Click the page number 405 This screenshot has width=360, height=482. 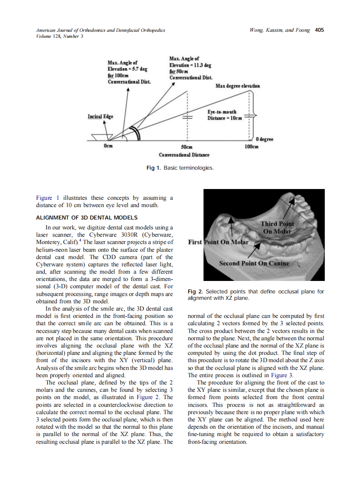click(x=319, y=30)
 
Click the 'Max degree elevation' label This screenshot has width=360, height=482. click(x=238, y=86)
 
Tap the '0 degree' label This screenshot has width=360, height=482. click(x=265, y=140)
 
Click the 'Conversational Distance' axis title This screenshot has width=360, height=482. click(x=184, y=155)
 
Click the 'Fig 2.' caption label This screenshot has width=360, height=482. click(x=195, y=292)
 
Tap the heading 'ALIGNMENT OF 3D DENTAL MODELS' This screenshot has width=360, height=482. click(x=87, y=217)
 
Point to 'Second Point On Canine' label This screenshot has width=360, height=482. click(x=254, y=263)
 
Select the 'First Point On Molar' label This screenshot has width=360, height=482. click(x=218, y=242)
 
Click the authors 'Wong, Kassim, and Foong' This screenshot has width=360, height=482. click(x=279, y=30)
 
